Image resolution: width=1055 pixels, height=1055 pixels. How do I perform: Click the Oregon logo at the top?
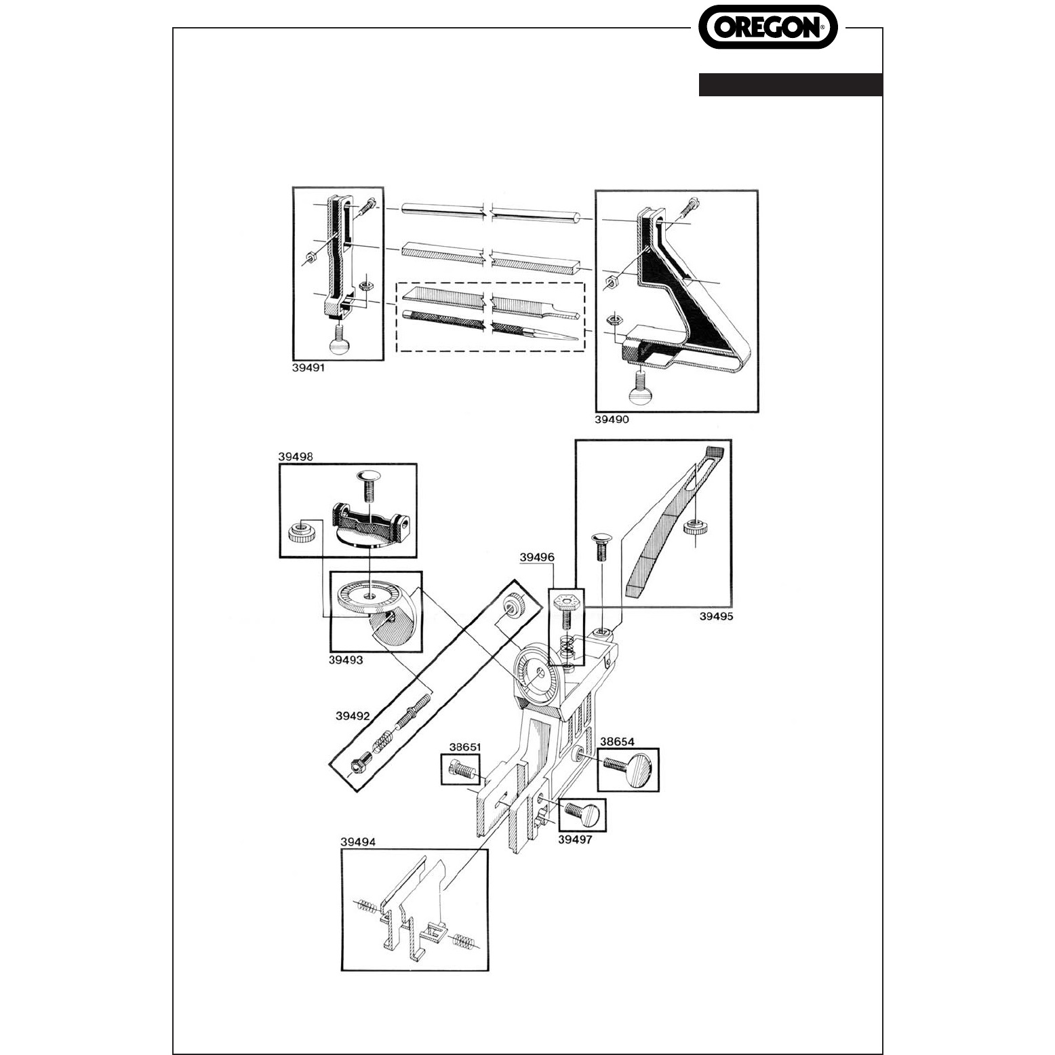(x=768, y=26)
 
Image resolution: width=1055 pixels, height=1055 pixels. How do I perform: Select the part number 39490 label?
(x=612, y=419)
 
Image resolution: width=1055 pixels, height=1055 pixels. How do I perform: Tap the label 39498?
(x=295, y=457)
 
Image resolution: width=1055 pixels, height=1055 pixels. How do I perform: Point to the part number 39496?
(x=537, y=557)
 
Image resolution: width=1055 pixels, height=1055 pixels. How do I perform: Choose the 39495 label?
(x=717, y=616)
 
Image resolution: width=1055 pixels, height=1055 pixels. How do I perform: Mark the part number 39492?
(x=353, y=715)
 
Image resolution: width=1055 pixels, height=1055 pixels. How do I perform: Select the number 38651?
(x=465, y=747)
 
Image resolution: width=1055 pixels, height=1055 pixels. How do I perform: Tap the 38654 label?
(x=616, y=742)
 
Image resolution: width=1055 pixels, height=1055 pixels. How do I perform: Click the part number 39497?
(x=574, y=839)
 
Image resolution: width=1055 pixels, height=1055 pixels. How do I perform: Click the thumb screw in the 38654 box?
(x=630, y=768)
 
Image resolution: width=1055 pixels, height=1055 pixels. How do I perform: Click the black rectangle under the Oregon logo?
(x=791, y=85)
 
